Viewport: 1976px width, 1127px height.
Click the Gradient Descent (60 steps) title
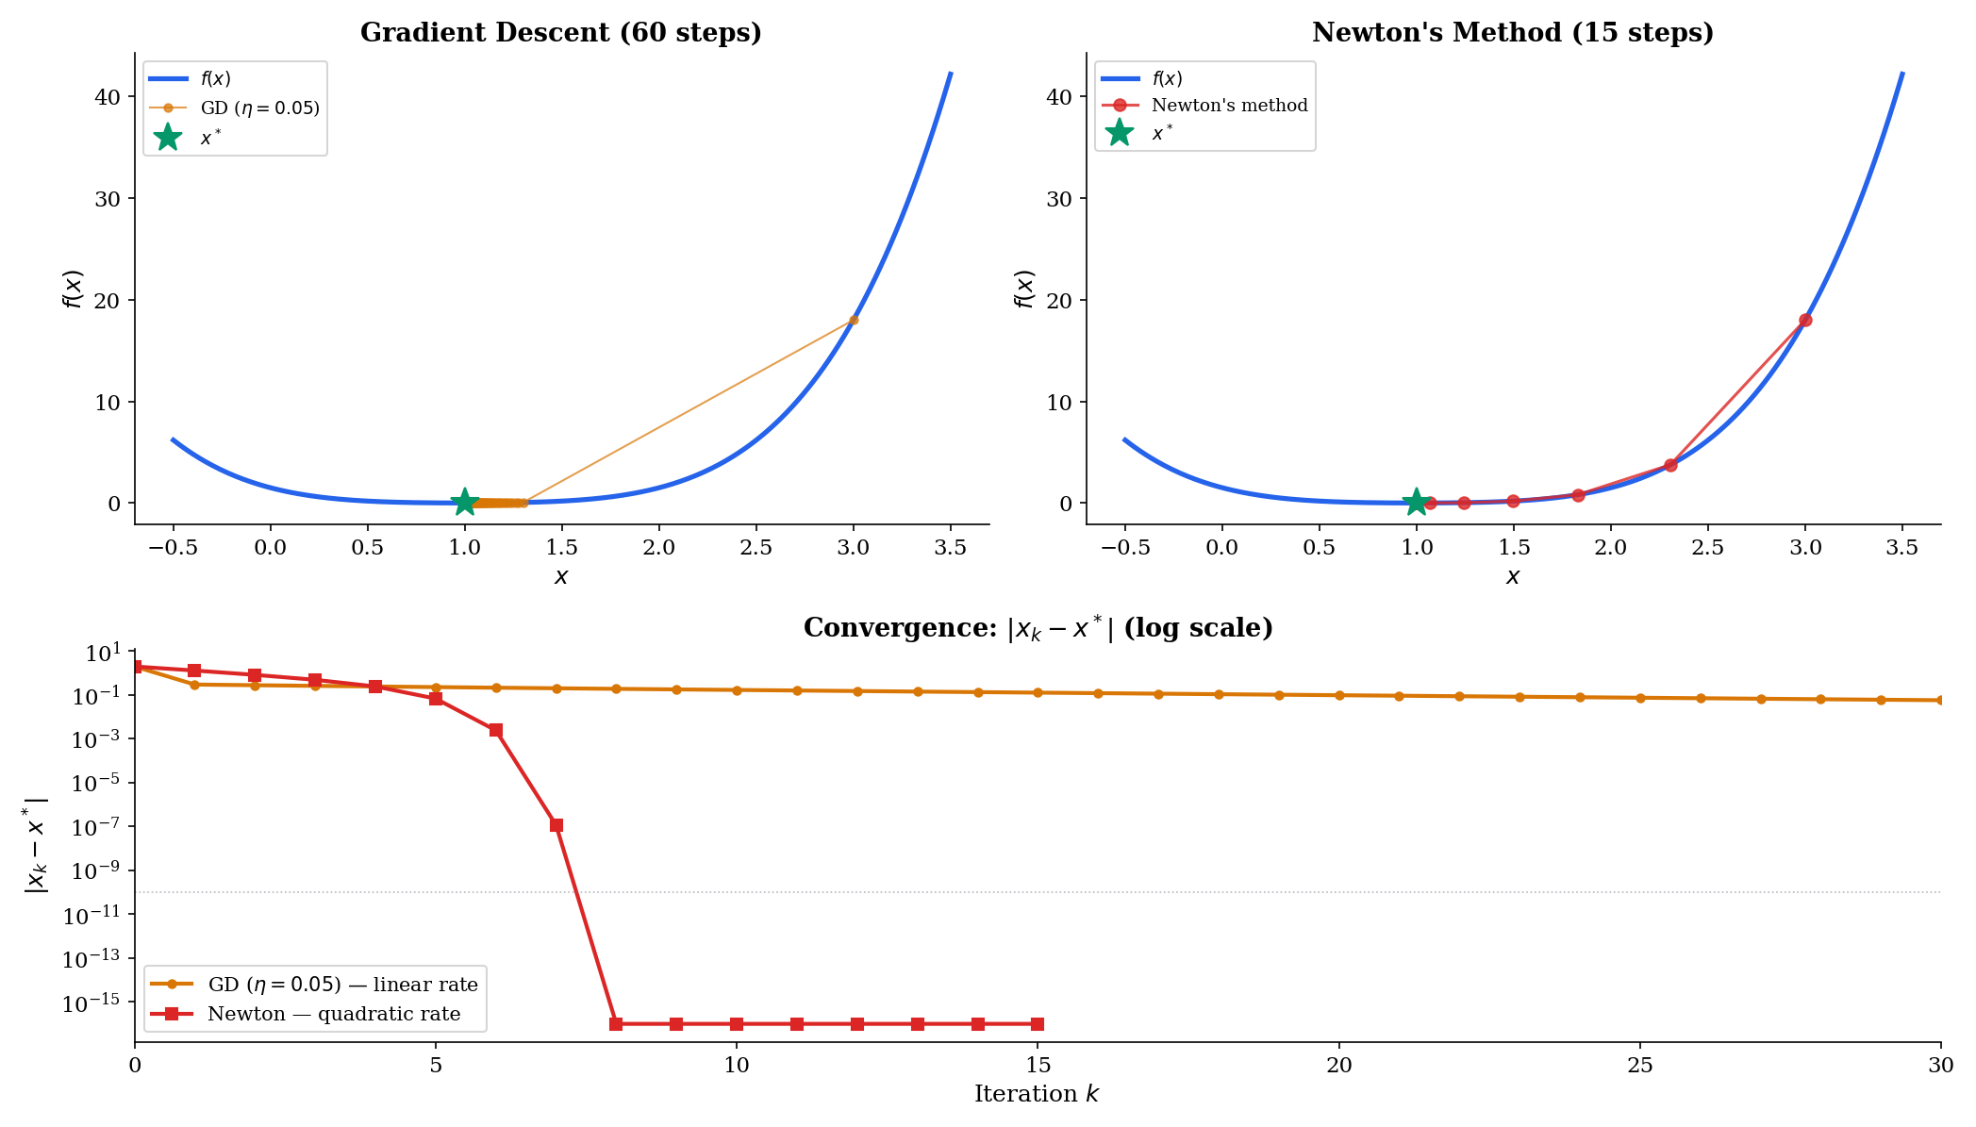click(x=560, y=33)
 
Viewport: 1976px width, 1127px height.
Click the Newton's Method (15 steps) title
click(x=1512, y=33)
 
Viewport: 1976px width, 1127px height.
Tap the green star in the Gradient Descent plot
click(x=464, y=503)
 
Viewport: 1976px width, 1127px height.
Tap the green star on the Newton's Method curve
click(x=1416, y=503)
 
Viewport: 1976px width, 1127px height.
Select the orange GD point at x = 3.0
click(x=854, y=321)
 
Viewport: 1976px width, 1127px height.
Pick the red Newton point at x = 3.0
click(x=1805, y=321)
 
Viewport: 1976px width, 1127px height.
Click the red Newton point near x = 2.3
click(x=1670, y=465)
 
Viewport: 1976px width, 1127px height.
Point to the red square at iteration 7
click(x=556, y=825)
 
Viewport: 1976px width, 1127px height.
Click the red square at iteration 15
click(x=1038, y=1024)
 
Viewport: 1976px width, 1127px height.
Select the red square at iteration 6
click(x=496, y=730)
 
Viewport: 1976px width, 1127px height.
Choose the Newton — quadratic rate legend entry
click(x=334, y=1014)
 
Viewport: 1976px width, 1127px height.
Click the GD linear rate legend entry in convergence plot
click(x=342, y=985)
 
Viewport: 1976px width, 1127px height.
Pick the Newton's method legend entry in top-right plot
click(x=1229, y=106)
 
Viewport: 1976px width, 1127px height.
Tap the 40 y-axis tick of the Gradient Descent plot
click(x=108, y=97)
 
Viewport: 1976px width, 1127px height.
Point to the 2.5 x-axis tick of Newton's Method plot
click(x=1707, y=548)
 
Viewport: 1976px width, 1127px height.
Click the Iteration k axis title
click(x=1037, y=1094)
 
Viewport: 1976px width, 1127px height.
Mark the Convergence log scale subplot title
click(x=1038, y=629)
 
